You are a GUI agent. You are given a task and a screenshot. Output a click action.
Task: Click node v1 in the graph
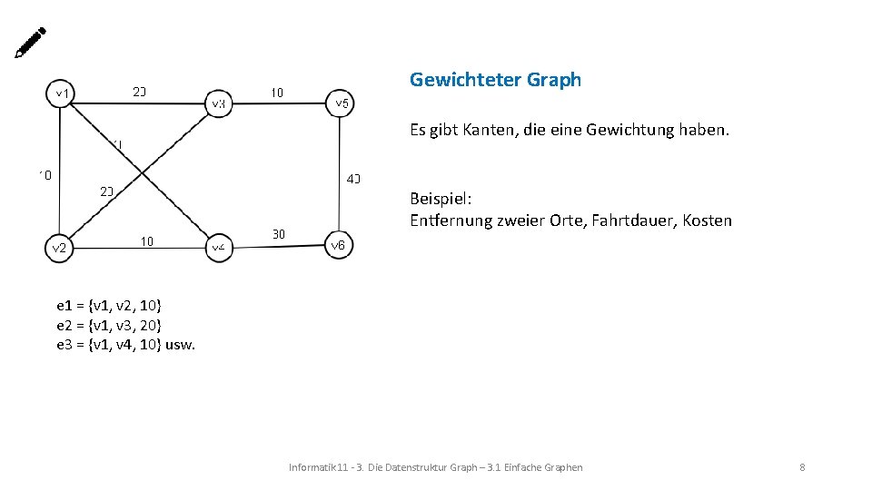pos(63,93)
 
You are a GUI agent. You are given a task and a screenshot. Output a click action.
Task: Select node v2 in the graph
pos(59,248)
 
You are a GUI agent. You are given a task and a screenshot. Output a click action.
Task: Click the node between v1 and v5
pos(219,103)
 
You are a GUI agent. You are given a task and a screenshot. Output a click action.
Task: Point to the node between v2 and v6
pos(218,246)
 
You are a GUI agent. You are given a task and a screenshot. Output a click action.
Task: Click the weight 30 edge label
pos(279,234)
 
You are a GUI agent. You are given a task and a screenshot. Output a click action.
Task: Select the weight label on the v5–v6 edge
pos(353,178)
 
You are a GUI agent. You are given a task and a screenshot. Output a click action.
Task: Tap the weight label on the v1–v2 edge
pos(45,173)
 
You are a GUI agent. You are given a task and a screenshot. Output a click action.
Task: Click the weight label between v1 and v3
pos(139,92)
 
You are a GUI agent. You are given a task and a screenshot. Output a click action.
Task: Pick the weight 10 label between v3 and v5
pos(277,92)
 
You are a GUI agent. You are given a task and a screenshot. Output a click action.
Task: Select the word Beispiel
pos(441,198)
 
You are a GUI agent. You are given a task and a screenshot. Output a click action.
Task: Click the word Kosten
pos(707,220)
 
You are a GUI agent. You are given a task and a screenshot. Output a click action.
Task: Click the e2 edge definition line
pos(109,325)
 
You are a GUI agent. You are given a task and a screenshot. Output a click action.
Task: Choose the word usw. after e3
pos(181,345)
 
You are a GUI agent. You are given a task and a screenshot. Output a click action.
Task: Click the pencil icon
pos(30,43)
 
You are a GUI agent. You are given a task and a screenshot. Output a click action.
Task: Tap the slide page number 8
pos(802,467)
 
